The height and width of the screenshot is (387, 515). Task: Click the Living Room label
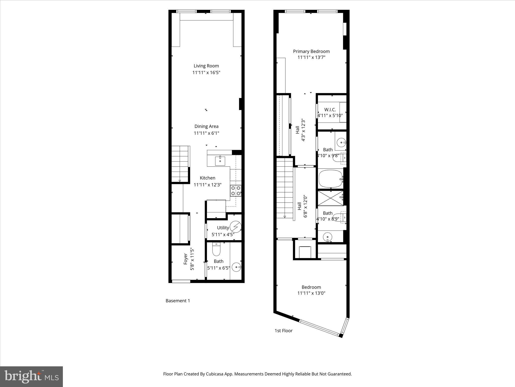tap(206, 66)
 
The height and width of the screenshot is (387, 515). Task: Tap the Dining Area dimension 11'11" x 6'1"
tap(206, 133)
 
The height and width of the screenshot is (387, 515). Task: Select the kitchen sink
tap(220, 160)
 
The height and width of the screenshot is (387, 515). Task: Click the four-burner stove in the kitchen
tap(236, 191)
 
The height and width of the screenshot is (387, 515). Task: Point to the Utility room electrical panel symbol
tap(236, 227)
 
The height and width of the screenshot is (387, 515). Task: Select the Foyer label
tap(186, 259)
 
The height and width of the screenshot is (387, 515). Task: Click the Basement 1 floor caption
tap(178, 301)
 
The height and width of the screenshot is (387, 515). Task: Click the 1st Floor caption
tap(283, 331)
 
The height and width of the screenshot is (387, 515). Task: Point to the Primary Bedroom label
tap(311, 51)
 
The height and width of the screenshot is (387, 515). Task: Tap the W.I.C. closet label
tap(330, 110)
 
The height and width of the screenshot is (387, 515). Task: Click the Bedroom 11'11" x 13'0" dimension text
tap(311, 293)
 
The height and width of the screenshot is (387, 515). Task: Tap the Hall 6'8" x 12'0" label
tap(302, 206)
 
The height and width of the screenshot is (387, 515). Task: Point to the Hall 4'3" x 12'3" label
tap(301, 130)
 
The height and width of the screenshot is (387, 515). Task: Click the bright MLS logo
tap(31, 376)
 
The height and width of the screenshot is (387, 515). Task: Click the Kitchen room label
tap(207, 178)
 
